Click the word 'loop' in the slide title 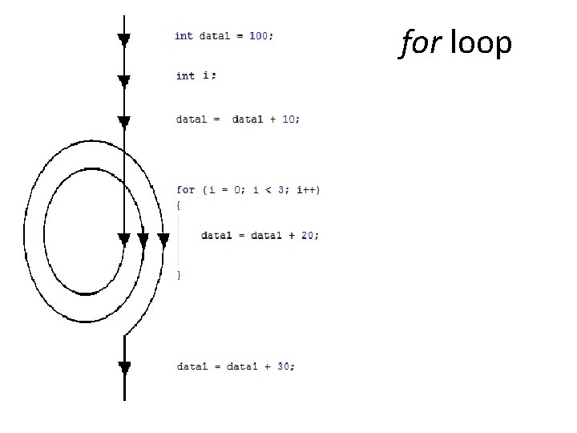click(x=481, y=43)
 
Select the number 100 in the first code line click(x=259, y=36)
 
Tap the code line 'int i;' click(x=196, y=75)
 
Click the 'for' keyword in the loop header click(x=185, y=190)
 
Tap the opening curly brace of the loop click(x=179, y=206)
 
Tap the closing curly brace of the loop click(x=179, y=275)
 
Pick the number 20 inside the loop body click(x=308, y=236)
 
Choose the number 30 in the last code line click(x=283, y=367)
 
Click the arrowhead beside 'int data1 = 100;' click(x=123, y=38)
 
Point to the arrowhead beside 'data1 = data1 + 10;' click(x=123, y=121)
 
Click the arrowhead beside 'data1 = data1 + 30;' click(x=124, y=368)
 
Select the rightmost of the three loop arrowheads click(x=163, y=239)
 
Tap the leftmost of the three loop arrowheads click(x=123, y=239)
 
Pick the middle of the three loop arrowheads click(x=143, y=239)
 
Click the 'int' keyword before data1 click(x=184, y=36)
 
